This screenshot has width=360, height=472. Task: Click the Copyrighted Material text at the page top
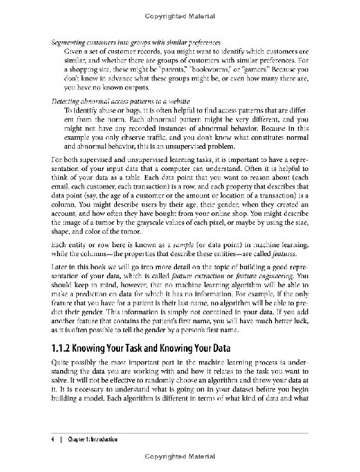coord(180,11)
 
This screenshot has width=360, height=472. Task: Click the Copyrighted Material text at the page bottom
coord(180,461)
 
